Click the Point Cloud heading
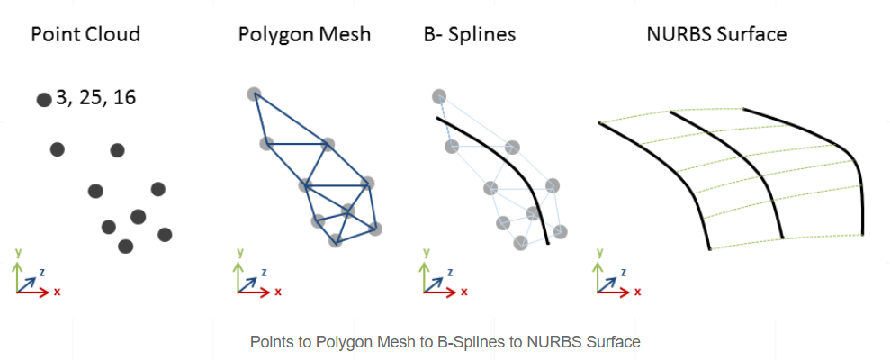click(x=85, y=35)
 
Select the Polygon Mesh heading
click(x=304, y=35)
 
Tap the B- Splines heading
click(x=469, y=35)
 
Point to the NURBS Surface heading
click(x=716, y=35)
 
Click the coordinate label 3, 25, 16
click(x=95, y=97)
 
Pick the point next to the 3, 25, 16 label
click(x=43, y=100)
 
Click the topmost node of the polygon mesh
click(x=254, y=94)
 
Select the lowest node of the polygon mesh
click(x=335, y=240)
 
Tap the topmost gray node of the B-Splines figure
click(x=439, y=96)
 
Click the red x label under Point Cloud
click(x=58, y=292)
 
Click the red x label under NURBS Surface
click(x=637, y=292)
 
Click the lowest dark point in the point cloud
click(x=125, y=246)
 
